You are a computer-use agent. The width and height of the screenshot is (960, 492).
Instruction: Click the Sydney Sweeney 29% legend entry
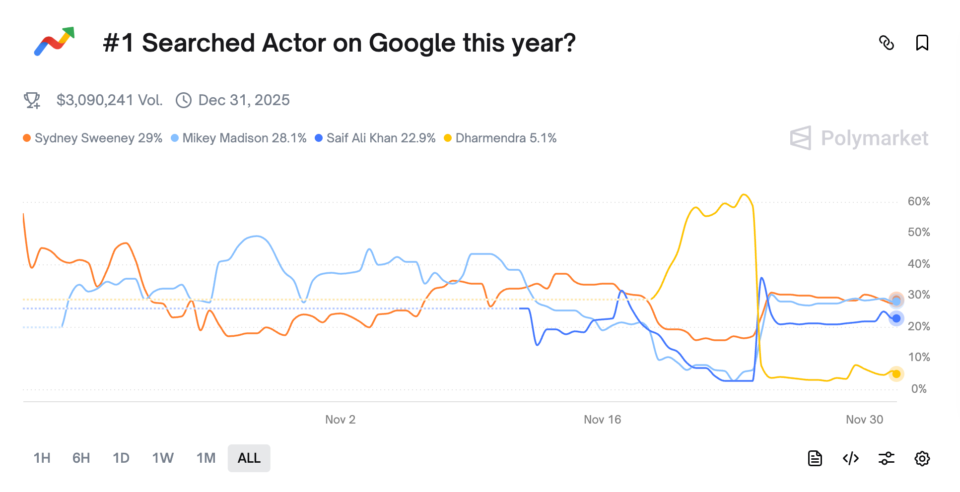click(93, 138)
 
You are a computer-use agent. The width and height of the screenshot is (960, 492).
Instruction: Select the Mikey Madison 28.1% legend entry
click(239, 138)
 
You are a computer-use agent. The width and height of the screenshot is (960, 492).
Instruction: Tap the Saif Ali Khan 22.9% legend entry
click(375, 138)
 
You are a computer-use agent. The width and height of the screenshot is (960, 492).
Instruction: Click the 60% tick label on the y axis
click(918, 201)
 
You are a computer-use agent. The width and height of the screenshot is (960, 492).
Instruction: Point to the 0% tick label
click(918, 389)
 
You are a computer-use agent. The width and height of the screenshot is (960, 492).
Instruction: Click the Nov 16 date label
click(602, 420)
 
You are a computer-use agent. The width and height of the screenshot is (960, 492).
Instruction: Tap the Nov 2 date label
click(340, 420)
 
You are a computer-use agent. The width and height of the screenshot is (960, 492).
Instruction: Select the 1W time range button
click(163, 458)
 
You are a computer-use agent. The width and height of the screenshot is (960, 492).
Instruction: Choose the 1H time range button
click(42, 458)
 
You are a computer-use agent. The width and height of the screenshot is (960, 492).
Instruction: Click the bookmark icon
click(922, 43)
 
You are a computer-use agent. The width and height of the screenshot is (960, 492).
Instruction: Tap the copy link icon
click(887, 43)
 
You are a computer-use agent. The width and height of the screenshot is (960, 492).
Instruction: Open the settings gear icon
click(922, 458)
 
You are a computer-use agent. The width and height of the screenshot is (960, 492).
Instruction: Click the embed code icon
click(851, 458)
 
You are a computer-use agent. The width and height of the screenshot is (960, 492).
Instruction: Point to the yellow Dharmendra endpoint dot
click(896, 374)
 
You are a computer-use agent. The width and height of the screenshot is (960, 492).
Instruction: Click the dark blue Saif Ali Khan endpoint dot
click(896, 318)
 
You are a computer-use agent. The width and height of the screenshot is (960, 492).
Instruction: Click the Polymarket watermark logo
click(859, 138)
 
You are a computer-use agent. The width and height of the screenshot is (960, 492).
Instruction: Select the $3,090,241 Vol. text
click(109, 100)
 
